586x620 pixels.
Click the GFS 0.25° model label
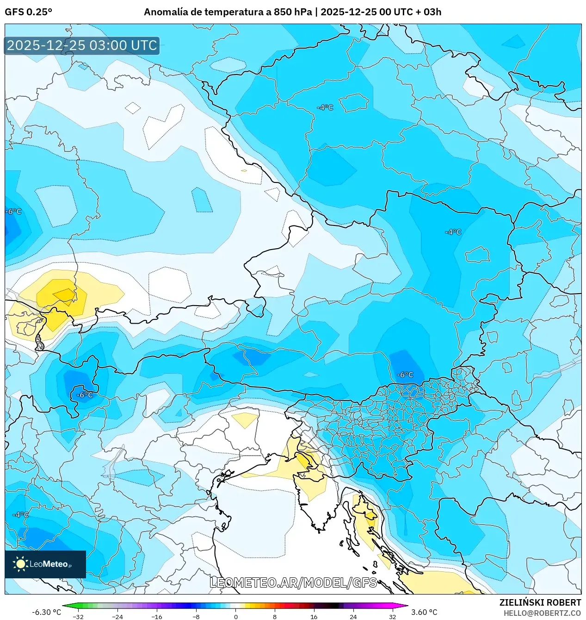[28, 12]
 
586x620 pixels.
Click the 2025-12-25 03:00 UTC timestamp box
[82, 45]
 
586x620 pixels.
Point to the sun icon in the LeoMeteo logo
[20, 564]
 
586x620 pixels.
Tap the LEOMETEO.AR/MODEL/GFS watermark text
[293, 582]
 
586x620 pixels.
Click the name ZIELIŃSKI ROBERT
[540, 602]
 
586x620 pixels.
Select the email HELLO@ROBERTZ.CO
[542, 613]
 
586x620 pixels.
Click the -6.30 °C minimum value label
[46, 612]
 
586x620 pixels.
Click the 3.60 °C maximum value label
[424, 612]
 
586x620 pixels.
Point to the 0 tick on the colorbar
[235, 616]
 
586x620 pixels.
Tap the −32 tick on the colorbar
[78, 616]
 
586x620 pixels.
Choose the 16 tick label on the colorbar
[314, 616]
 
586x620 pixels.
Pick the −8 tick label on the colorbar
[196, 616]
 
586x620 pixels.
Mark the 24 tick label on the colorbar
[353, 616]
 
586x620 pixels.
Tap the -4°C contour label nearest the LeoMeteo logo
[20, 514]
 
